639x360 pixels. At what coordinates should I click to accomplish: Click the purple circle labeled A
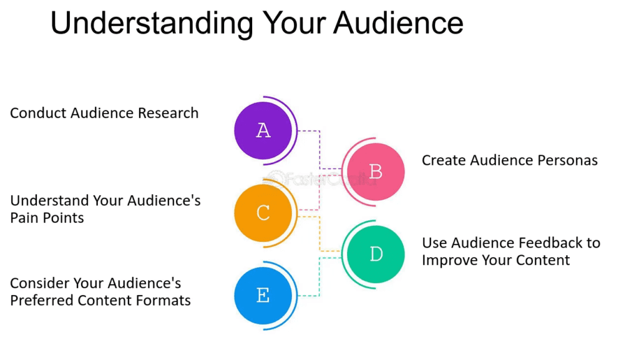(x=263, y=130)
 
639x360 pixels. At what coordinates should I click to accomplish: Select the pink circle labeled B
(x=375, y=172)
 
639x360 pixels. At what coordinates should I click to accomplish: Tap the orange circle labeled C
(x=263, y=213)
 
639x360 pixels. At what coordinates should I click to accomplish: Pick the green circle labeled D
(x=375, y=254)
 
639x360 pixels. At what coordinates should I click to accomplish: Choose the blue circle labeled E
(x=263, y=295)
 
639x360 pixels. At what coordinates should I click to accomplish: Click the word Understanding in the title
(x=152, y=24)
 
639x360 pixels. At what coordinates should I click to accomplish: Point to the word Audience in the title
(x=398, y=23)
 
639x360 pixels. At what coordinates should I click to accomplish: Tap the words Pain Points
(x=47, y=218)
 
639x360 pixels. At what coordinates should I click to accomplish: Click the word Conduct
(x=38, y=113)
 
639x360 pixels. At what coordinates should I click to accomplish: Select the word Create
(x=444, y=160)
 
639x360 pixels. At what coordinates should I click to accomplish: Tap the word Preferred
(x=42, y=301)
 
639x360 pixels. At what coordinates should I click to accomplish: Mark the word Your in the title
(x=293, y=23)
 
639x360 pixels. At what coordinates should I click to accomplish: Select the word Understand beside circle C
(x=49, y=200)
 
